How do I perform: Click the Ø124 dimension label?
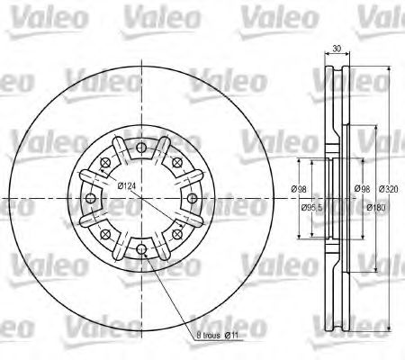pos(126,186)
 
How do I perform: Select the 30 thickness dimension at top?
pos(337,49)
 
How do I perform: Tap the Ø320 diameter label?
pos(389,189)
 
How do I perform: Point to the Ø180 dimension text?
pos(376,207)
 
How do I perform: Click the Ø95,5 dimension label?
pos(313,207)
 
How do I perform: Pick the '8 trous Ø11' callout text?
pos(217,335)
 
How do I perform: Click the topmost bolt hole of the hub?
pos(141,148)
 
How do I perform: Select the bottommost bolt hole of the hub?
pos(141,248)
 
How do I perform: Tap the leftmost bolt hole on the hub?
pos(91,198)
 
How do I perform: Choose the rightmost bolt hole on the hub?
pos(192,198)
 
